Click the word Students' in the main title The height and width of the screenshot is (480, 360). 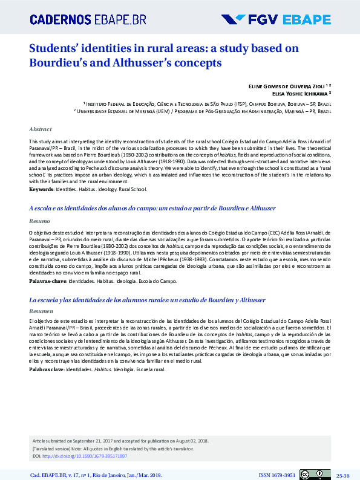click(54, 49)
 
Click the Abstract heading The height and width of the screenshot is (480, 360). click(40, 129)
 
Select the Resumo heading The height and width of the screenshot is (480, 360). click(39, 221)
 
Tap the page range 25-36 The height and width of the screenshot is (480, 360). click(343, 475)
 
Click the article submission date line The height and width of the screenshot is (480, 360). click(121, 441)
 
